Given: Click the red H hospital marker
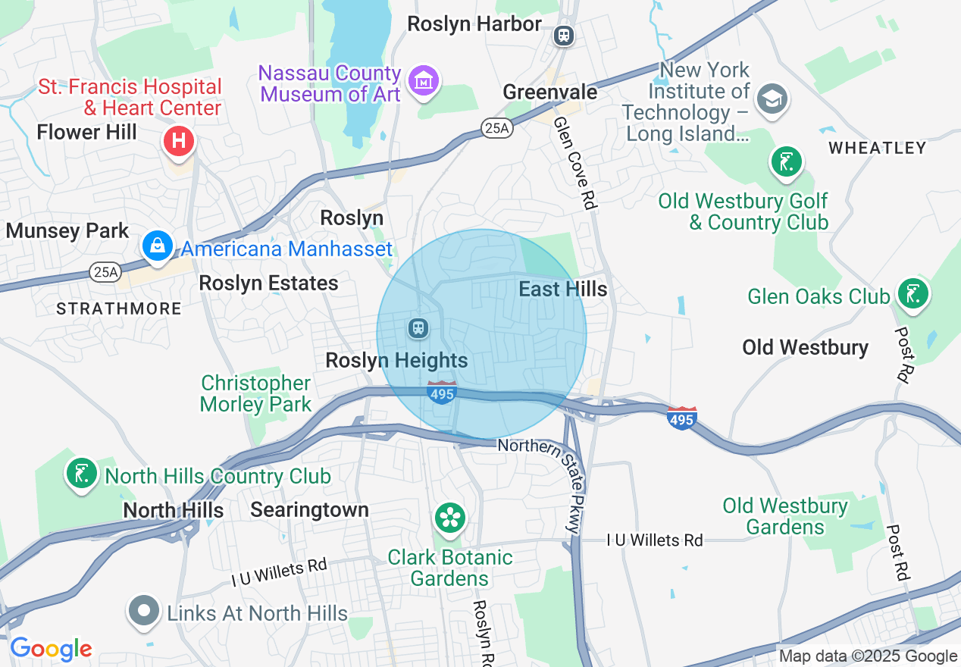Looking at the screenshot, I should tap(179, 141).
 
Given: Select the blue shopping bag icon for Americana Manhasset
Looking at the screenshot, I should tap(158, 246).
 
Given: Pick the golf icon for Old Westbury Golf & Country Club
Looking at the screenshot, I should tap(786, 161).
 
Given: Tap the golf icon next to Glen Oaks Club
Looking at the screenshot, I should tap(912, 293).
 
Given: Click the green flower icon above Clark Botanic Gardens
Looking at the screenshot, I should tap(451, 518).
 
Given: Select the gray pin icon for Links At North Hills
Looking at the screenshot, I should tap(144, 611).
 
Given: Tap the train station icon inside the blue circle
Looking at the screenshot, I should tap(418, 328).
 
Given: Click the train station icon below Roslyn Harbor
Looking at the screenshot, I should tap(563, 36).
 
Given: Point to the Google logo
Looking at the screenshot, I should tap(52, 649).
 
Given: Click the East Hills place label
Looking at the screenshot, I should tap(562, 289).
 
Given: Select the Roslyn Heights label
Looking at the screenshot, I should tap(396, 360).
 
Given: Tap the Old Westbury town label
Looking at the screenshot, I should tap(805, 347).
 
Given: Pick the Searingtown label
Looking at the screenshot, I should tap(309, 509).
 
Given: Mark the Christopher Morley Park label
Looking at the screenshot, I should tap(255, 393).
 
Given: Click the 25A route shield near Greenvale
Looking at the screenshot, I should tap(496, 129).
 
